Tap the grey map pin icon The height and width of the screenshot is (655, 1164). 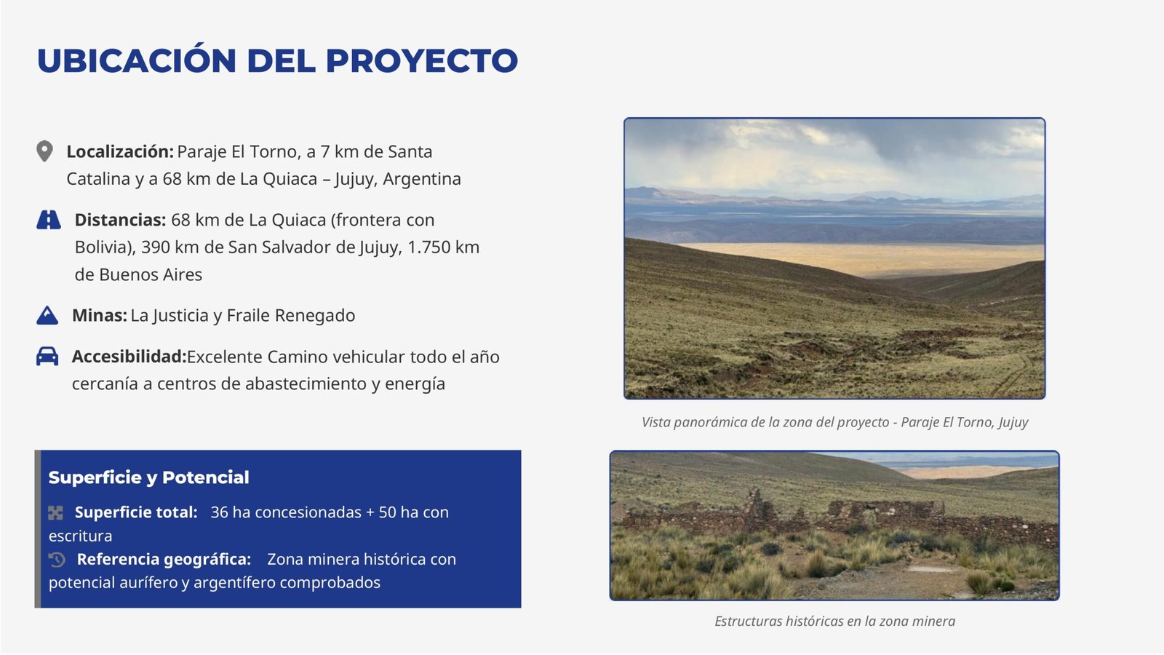point(44,151)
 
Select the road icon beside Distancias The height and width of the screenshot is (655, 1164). point(48,220)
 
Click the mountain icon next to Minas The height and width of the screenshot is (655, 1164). point(47,316)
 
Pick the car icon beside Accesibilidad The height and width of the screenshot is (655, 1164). point(47,357)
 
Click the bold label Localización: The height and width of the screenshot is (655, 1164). point(120,152)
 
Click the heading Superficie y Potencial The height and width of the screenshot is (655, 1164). point(148,477)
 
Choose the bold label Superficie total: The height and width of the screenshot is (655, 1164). point(136,512)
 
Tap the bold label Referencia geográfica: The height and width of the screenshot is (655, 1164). point(164,560)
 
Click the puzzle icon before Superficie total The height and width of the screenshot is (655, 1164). point(55,513)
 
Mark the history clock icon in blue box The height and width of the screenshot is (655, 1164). point(57,560)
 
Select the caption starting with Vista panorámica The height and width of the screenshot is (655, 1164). point(834,422)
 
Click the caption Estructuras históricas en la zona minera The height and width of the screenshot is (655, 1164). point(834,622)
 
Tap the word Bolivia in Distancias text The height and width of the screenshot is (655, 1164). point(103,247)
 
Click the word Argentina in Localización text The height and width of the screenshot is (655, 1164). point(422,179)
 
